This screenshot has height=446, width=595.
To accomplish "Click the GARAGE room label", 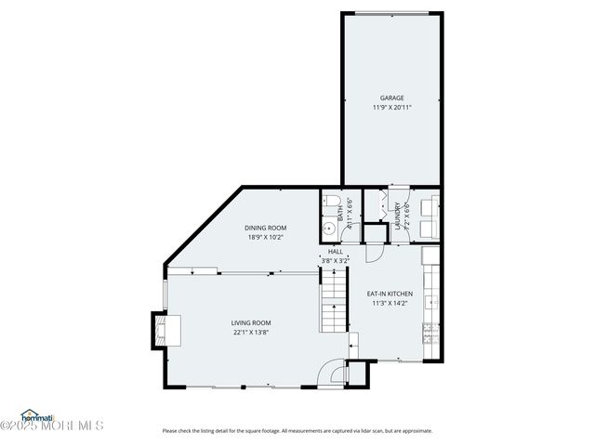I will tap(391, 98).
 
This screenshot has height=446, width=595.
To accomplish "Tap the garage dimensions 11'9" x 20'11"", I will tap(391, 107).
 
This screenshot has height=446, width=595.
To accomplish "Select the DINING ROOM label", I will tap(265, 228).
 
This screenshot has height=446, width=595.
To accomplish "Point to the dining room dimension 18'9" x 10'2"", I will tap(265, 237).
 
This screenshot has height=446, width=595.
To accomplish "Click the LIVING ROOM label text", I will tap(250, 322).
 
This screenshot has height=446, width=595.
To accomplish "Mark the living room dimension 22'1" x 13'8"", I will tap(250, 332).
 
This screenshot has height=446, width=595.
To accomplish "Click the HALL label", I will tap(335, 252).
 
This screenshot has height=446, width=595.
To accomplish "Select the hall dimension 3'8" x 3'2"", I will tap(335, 261).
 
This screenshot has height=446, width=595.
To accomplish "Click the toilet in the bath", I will tap(331, 203).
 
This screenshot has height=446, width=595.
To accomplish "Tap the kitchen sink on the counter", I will tap(431, 302).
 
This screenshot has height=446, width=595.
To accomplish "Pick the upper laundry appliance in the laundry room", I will tap(429, 205).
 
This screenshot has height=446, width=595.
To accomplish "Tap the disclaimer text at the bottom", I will tap(297, 430).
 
